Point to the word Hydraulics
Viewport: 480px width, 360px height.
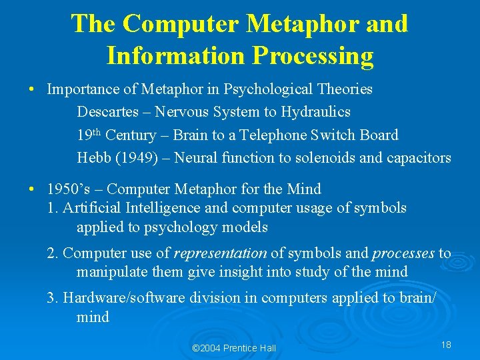(x=316, y=112)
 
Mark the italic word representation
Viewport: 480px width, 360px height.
(x=220, y=253)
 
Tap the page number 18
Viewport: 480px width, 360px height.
(x=446, y=345)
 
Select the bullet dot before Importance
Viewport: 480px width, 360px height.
(x=31, y=89)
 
